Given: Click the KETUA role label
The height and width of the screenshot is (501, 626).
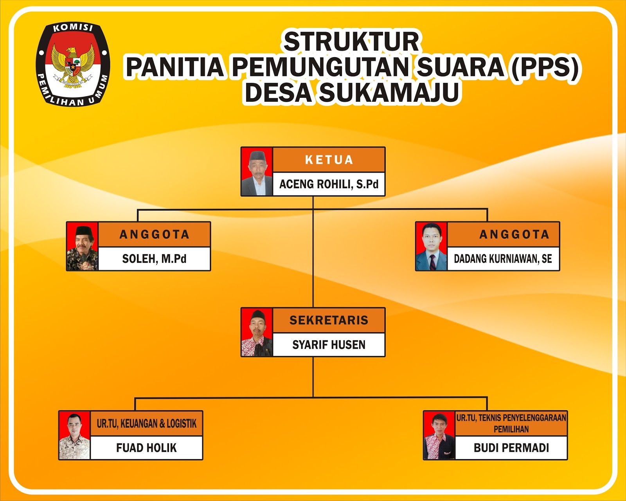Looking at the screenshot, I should coord(329,160).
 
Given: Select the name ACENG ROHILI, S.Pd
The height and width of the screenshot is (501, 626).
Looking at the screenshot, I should coord(329,184).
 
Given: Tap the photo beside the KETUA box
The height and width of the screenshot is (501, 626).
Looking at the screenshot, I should coord(257,172).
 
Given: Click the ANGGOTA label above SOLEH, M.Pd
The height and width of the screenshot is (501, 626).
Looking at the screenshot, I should coord(154,234).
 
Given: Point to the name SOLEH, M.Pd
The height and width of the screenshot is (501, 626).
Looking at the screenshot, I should coord(154,259).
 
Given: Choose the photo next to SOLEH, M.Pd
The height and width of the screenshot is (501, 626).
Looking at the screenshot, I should coord(82,247).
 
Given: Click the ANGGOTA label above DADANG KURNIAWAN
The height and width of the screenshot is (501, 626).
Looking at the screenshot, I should coord(514,234).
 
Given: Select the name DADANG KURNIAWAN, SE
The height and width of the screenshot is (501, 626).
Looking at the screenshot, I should coord(503,259).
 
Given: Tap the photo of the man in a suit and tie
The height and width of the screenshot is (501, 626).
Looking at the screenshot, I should coord(431,247).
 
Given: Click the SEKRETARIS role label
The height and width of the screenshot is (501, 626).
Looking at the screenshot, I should coord(329,320).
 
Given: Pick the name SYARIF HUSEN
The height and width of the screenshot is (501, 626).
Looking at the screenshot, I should coord(329,345).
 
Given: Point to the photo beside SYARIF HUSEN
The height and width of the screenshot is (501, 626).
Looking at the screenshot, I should coord(257,332).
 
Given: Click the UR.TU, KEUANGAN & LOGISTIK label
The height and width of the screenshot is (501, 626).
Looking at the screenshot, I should coord(146,424).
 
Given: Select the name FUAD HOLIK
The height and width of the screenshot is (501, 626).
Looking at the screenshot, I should coord(146,448).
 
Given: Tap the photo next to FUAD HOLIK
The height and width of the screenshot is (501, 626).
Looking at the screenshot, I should coord(74,436).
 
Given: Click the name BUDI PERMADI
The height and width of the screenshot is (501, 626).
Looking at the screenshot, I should coord(511,448).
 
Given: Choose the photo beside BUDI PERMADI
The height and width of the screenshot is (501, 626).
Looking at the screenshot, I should coord(439,436).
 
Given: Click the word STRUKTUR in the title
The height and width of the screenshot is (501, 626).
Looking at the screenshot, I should coord(351,41).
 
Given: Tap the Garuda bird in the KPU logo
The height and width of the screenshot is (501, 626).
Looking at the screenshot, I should coord(73,65).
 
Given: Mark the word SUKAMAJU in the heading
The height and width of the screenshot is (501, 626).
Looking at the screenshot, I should coord(389,93).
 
